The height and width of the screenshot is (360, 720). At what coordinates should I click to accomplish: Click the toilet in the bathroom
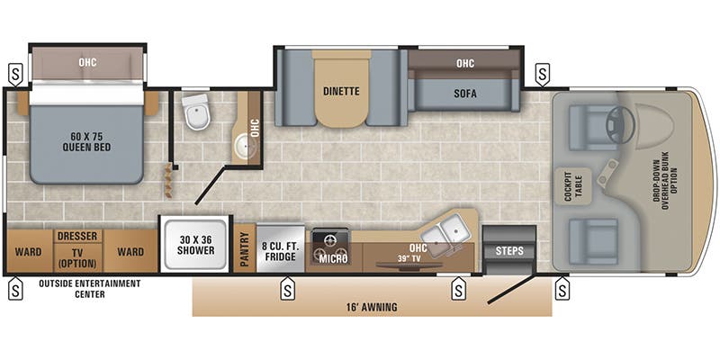(194, 113)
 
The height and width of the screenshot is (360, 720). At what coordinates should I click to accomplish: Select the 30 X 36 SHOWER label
(195, 245)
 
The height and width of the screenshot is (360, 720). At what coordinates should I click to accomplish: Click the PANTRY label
(244, 249)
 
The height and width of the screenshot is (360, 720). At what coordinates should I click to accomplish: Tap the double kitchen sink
(446, 231)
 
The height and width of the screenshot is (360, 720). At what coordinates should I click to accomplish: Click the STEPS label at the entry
(509, 250)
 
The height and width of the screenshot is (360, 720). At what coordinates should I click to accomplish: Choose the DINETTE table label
(342, 90)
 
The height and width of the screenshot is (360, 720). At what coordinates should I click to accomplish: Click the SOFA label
(464, 94)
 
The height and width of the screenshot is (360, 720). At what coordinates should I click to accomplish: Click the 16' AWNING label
(371, 307)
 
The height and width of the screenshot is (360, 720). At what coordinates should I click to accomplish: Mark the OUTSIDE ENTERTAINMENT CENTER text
(90, 288)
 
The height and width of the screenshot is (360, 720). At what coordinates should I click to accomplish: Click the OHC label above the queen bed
(87, 62)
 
